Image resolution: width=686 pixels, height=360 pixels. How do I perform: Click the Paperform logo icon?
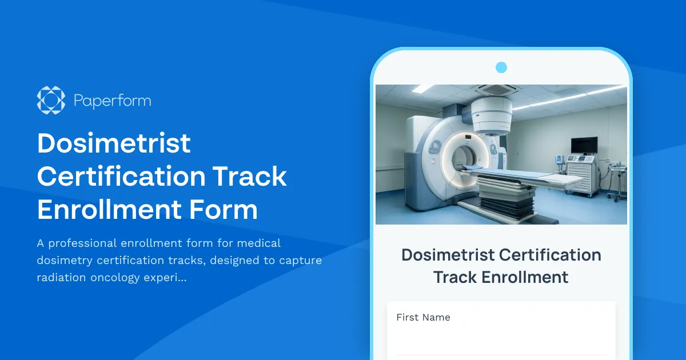51,100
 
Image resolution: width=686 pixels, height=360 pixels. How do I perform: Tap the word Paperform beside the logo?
113,101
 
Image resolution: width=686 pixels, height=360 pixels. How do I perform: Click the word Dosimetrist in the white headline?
114,143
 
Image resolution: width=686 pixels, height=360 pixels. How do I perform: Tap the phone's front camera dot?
501,68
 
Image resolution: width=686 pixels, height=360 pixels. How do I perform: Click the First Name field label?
423,318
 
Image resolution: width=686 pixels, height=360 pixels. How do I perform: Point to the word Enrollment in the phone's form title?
524,278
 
